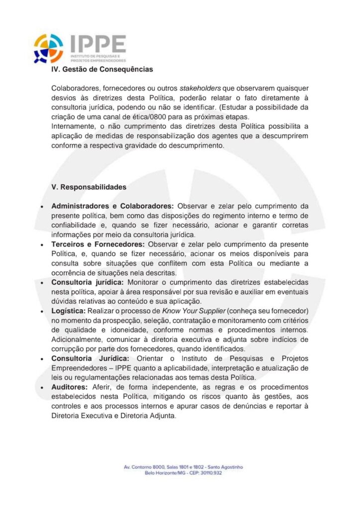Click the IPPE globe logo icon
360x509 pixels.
pyautogui.click(x=48, y=48)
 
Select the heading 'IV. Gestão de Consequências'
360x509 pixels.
pyautogui.click(x=102, y=70)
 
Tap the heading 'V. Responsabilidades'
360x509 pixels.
pyautogui.click(x=89, y=187)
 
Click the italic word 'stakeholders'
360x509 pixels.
pyautogui.click(x=200, y=88)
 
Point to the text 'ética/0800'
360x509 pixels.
pyautogui.click(x=159, y=117)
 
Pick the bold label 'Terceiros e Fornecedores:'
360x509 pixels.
pyautogui.click(x=98, y=245)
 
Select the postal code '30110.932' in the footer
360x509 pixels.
pyautogui.click(x=210, y=473)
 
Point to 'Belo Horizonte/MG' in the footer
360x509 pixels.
pyautogui.click(x=162, y=473)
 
